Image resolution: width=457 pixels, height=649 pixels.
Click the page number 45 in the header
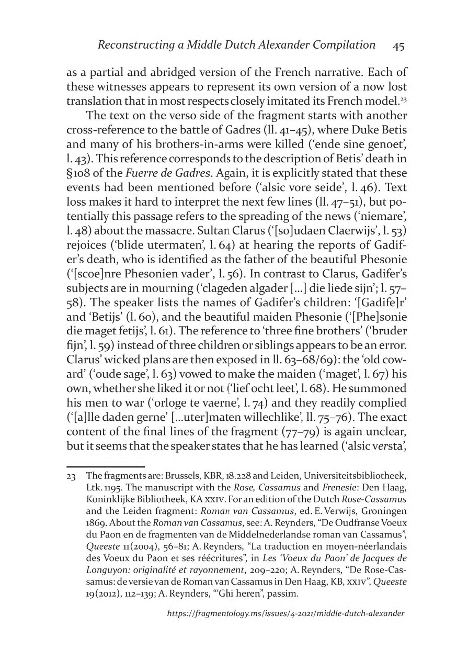tap(398, 46)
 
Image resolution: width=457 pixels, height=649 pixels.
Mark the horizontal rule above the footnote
tap(106, 466)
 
